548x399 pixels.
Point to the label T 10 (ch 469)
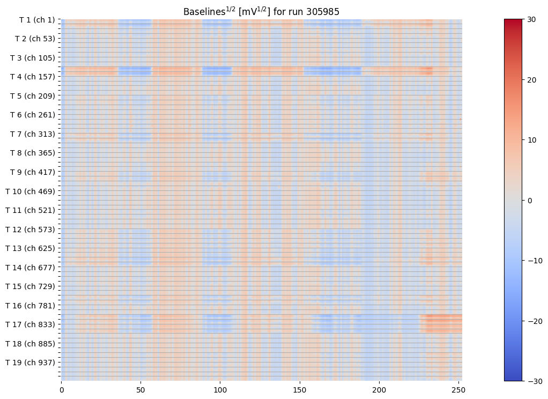[x=31, y=191]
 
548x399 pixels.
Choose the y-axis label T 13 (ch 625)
[x=31, y=248]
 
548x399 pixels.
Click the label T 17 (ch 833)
[x=31, y=324]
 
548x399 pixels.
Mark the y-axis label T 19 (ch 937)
[x=31, y=363]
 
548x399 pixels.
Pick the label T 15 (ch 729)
[x=31, y=286]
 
